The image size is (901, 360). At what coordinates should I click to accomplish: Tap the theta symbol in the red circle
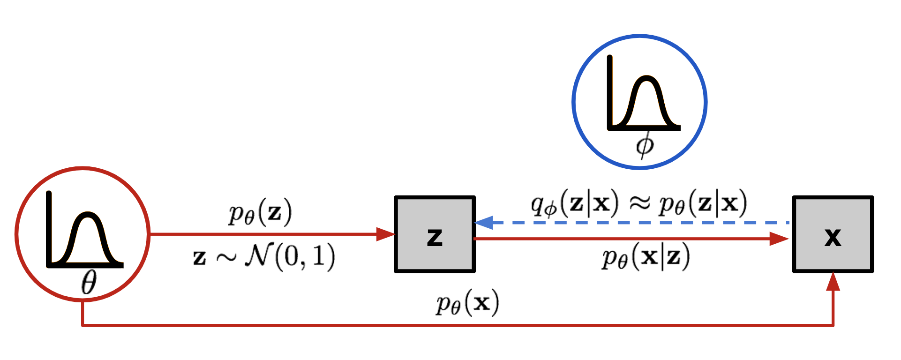pos(89,283)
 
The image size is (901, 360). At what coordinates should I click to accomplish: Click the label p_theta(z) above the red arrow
pos(260,212)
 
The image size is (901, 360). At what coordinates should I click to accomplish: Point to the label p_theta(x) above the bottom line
pos(467,303)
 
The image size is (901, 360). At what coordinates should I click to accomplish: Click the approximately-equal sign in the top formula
pos(638,203)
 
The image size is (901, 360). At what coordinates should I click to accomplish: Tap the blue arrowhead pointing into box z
pos(484,223)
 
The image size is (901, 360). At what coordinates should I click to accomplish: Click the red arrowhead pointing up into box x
pos(833,282)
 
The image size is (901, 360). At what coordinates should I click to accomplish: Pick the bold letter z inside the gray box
pos(435,237)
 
